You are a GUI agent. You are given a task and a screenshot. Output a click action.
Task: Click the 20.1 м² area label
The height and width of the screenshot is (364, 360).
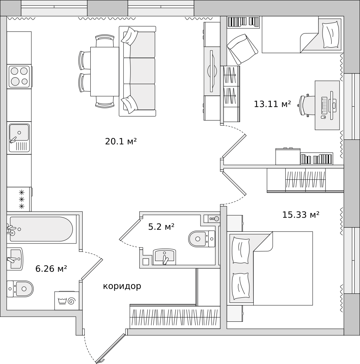pyautogui.click(x=121, y=141)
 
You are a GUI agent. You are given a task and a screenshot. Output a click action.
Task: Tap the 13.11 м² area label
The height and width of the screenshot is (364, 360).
pyautogui.click(x=272, y=104)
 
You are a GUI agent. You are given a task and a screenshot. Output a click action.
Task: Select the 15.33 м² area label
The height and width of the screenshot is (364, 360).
pyautogui.click(x=301, y=215)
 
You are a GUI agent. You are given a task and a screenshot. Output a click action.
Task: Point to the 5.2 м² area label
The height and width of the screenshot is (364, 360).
pyautogui.click(x=161, y=226)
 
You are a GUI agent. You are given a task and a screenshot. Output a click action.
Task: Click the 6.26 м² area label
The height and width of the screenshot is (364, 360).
pyautogui.click(x=51, y=269)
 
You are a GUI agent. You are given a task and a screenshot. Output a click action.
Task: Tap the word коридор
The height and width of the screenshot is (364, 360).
pyautogui.click(x=122, y=286)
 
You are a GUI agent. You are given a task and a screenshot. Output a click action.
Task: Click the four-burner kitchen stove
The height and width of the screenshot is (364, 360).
pyautogui.click(x=20, y=76)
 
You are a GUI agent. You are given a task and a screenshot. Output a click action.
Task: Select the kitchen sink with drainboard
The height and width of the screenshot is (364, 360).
pyautogui.click(x=20, y=138)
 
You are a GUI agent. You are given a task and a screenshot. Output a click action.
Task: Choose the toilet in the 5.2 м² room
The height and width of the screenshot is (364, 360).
pyautogui.click(x=201, y=239)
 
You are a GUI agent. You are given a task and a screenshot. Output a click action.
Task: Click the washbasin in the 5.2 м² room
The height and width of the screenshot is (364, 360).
pyautogui.click(x=165, y=257)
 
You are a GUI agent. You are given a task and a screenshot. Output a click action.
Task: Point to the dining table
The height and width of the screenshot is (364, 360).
pyautogui.click(x=105, y=71)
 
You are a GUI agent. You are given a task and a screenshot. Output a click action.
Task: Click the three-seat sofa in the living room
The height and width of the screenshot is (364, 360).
pyautogui.click(x=137, y=71)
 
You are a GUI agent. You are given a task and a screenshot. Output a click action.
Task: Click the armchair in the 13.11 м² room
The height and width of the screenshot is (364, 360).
pyautogui.click(x=242, y=49)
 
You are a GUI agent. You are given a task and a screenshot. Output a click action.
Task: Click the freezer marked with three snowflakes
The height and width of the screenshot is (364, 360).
pyautogui.click(x=19, y=199)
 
